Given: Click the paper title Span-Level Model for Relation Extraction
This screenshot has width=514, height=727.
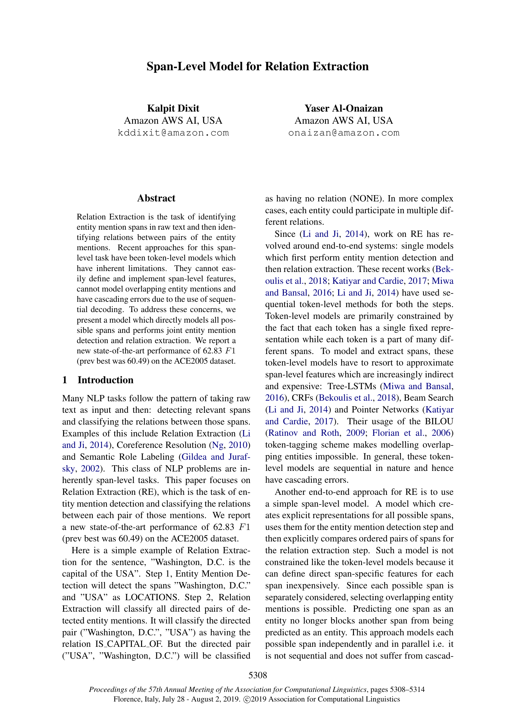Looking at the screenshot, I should [257, 67].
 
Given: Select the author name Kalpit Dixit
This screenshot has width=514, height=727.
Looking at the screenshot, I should [173, 108].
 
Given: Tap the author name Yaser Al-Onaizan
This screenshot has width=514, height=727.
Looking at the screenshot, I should [343, 108].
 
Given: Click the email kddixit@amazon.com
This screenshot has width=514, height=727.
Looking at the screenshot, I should [173, 133].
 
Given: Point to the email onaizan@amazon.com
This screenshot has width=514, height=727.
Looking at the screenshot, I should [343, 133].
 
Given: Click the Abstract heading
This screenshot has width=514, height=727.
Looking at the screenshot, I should [156, 198].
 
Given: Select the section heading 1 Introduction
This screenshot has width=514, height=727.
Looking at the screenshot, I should [98, 380].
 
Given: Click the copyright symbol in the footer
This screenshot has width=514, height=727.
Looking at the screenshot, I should [246, 699].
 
